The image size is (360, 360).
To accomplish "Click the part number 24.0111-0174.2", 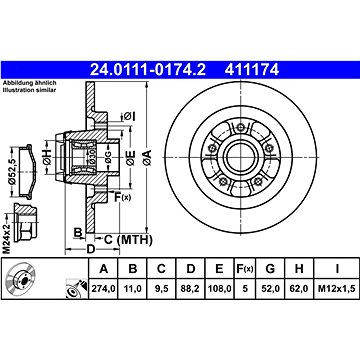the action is pyautogui.click(x=148, y=70).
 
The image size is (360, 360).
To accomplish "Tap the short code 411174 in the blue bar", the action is pyautogui.click(x=252, y=70).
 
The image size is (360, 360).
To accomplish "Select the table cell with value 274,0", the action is pyautogui.click(x=104, y=289).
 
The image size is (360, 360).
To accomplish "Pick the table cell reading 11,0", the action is pyautogui.click(x=133, y=289).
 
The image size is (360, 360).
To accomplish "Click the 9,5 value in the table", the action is pyautogui.click(x=161, y=289).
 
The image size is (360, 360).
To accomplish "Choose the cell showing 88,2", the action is pyautogui.click(x=190, y=289).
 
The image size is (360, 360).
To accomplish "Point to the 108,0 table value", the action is pyautogui.click(x=219, y=289).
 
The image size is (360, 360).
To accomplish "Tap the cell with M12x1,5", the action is pyautogui.click(x=337, y=289).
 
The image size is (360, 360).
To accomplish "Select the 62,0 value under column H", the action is pyautogui.click(x=299, y=289).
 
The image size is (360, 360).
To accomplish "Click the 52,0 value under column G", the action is pyautogui.click(x=270, y=289).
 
